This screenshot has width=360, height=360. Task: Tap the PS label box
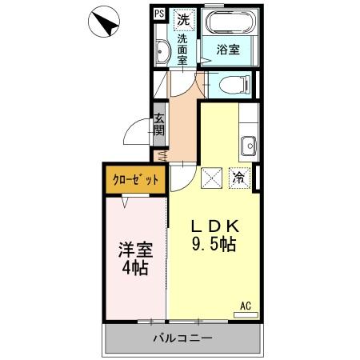158,13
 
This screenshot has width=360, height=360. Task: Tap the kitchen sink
248,146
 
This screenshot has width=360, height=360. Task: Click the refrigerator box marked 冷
238,178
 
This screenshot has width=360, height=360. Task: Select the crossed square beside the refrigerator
212,178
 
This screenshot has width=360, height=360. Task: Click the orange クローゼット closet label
134,179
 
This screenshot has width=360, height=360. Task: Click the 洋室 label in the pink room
134,250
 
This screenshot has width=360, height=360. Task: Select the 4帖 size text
134,269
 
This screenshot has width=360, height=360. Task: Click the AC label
245,305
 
